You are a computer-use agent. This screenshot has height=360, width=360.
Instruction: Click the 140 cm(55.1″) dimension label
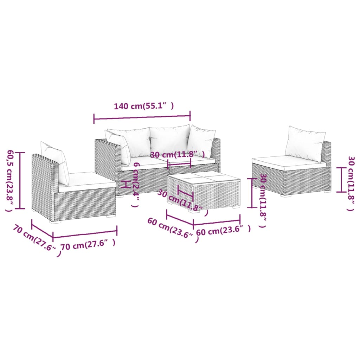pyautogui.click(x=144, y=106)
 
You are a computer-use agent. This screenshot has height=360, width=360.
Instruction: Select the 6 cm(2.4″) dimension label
pyautogui.click(x=136, y=185)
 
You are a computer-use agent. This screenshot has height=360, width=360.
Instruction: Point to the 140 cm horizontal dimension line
pyautogui.click(x=142, y=117)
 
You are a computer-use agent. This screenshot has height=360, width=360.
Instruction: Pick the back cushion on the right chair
pyautogui.click(x=304, y=144)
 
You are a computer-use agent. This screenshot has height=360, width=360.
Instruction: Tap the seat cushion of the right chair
pyautogui.click(x=288, y=161)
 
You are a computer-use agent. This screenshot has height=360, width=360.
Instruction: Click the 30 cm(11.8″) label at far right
pyautogui.click(x=350, y=183)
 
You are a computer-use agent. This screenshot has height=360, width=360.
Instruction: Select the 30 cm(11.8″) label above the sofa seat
pyautogui.click(x=178, y=155)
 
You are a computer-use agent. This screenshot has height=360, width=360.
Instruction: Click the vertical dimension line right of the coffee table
pyautogui.click(x=251, y=193)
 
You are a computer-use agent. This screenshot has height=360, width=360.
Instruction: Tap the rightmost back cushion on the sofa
pyautogui.click(x=201, y=141)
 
